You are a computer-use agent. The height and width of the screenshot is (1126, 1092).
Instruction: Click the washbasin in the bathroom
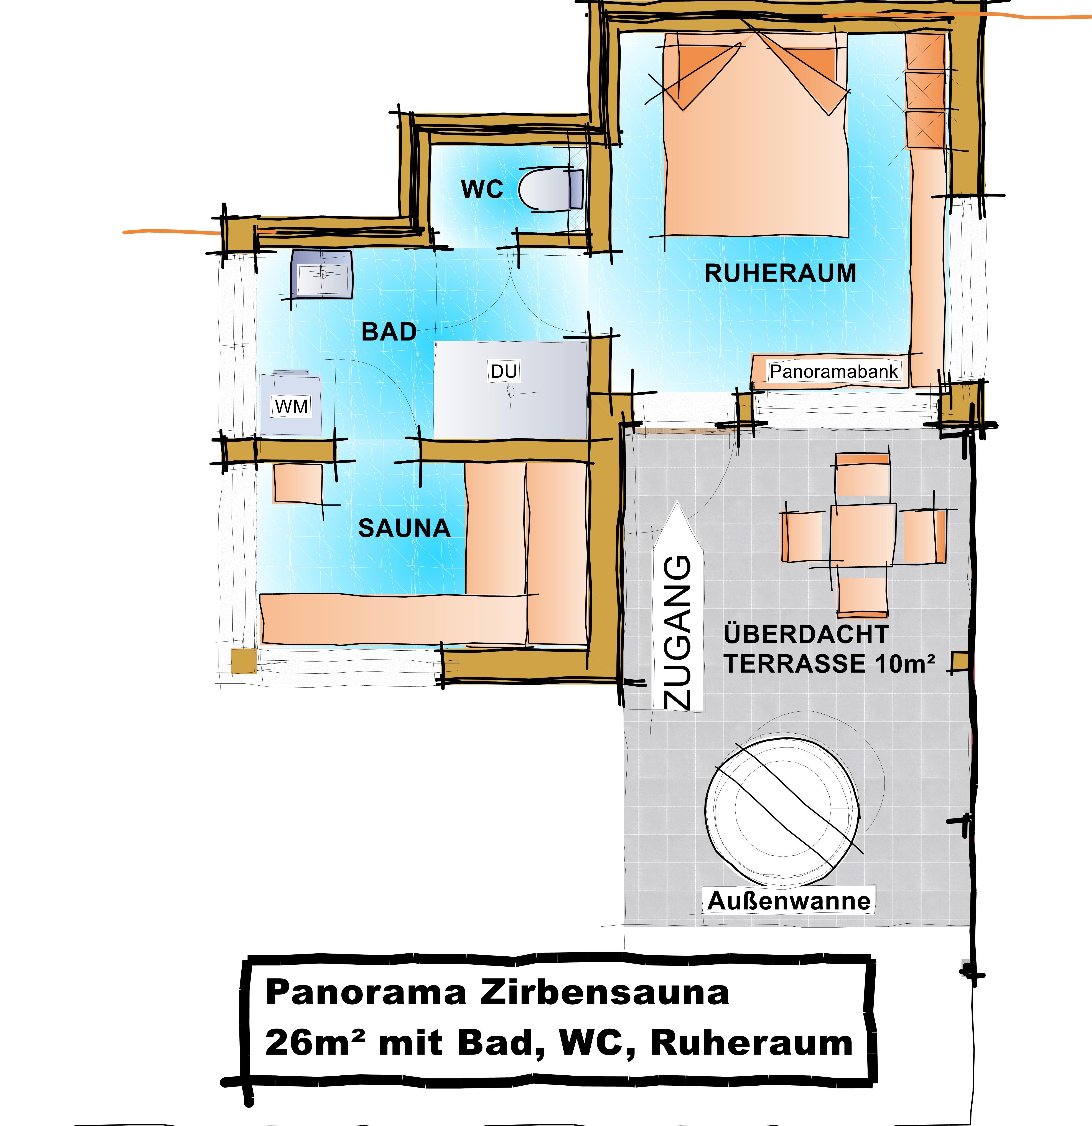tap(321, 275)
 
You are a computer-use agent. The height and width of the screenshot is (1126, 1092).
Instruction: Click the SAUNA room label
tap(404, 528)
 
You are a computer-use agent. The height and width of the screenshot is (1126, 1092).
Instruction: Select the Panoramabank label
tap(834, 371)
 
